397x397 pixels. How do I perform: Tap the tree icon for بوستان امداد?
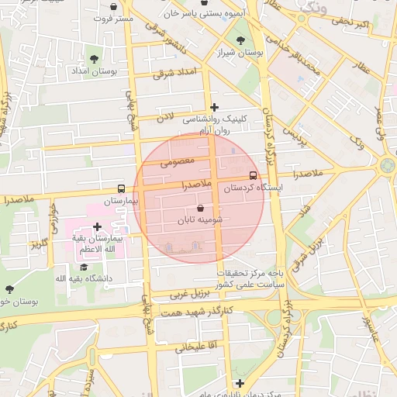pos(94,58)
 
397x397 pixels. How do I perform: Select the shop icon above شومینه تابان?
pos(201,209)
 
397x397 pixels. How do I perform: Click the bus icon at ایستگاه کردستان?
pos(254,175)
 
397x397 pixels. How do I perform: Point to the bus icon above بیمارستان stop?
pos(121,188)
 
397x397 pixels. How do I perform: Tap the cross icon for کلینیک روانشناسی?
pos(215,107)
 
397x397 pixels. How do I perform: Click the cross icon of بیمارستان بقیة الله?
pos(97,227)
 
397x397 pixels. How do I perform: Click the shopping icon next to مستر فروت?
pos(114,7)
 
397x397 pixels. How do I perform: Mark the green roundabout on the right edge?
pos(387,165)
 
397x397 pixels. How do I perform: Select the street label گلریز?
pos(39,244)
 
